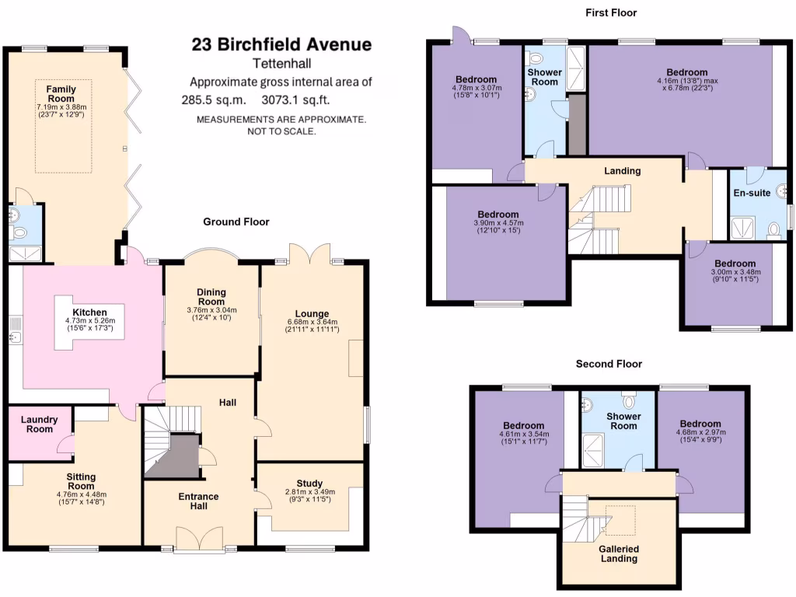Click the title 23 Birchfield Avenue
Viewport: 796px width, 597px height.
coord(281,44)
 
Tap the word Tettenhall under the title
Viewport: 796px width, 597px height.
coord(281,64)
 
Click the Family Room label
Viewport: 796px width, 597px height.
coord(61,94)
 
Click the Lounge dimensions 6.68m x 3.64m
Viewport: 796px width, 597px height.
coord(312,322)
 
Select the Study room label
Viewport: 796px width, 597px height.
coord(309,484)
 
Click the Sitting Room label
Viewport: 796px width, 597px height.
coord(81,481)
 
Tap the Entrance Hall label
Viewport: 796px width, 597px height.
coord(199,501)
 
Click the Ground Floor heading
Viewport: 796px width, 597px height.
coord(236,222)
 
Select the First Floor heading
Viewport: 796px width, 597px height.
coord(611,12)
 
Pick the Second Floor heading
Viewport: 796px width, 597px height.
coord(609,363)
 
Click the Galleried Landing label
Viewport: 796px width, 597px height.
coord(619,553)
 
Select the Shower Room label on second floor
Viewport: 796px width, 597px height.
coord(623,421)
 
